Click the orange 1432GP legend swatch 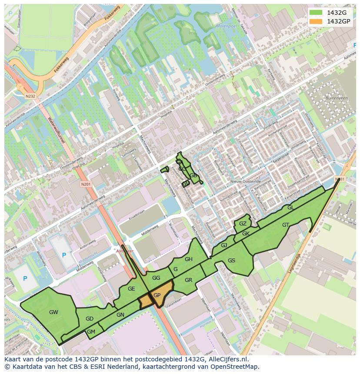point(316,21)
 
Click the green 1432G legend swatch point(316,13)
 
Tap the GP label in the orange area point(157,295)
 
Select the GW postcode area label point(53,312)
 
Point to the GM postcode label point(91,331)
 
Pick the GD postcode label point(90,319)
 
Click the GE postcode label point(131,288)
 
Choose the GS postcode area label point(231,260)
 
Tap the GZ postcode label point(243,224)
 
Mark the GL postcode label point(290,208)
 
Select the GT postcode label point(285,225)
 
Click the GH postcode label point(188,259)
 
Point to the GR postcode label point(188,280)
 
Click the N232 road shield point(30,96)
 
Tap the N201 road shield point(86,184)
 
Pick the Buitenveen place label point(334,98)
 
